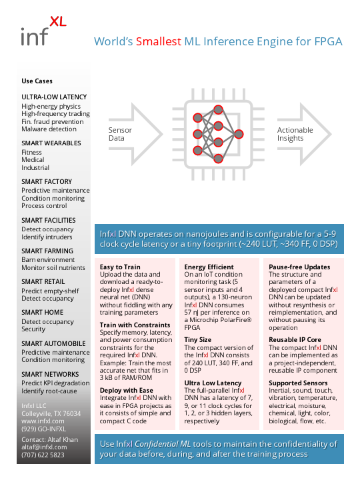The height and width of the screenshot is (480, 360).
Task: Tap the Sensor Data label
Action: pyautogui.click(x=120, y=134)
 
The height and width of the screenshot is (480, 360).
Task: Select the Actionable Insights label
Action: pyautogui.click(x=295, y=134)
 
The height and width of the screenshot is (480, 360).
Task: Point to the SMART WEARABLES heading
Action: pyautogui.click(x=51, y=143)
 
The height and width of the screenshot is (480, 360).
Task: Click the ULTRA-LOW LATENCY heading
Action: pyautogui.click(x=54, y=97)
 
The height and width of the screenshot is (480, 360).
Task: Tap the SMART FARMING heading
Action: pyautogui.click(x=47, y=251)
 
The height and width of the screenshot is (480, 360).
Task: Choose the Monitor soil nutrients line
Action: pyautogui.click(x=53, y=267)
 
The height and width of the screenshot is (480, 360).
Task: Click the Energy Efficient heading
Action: pyautogui.click(x=209, y=267)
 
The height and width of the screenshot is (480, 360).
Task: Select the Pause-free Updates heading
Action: pyautogui.click(x=299, y=267)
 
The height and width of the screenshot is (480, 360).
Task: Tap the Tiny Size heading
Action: pyautogui.click(x=198, y=339)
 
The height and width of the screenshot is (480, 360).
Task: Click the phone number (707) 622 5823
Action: pyautogui.click(x=43, y=455)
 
